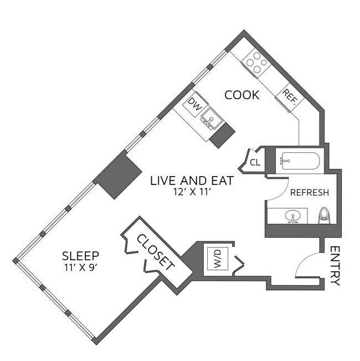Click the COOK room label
241,95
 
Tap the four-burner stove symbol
258,61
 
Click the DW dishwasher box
194,103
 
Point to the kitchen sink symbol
211,118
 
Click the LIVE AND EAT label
192,180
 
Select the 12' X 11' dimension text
193,193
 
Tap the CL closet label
255,163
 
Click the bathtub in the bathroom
300,161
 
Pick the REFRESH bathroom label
310,193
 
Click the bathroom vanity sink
294,215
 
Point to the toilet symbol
325,215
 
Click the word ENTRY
335,266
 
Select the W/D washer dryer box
218,258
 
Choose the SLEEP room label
81,256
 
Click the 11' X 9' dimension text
81,267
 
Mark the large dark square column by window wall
118,176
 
